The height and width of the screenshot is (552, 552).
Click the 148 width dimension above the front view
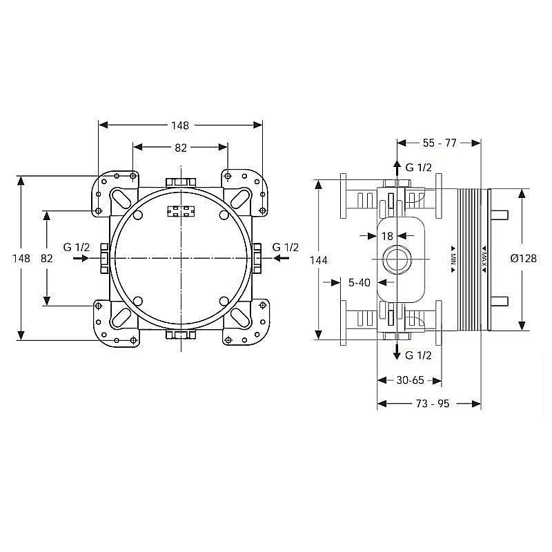tap(180, 125)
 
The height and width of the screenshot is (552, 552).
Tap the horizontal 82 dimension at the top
tap(180, 147)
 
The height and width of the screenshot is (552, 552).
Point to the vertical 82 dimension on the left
tap(47, 258)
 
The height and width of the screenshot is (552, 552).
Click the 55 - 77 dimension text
tap(440, 143)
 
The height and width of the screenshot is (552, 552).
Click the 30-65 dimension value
tap(410, 380)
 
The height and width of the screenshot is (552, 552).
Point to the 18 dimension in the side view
tap(387, 236)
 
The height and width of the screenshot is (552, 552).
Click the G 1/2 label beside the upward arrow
tap(418, 167)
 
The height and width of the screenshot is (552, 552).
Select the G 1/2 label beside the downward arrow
tap(418, 355)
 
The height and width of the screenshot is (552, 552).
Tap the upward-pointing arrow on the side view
tap(397, 168)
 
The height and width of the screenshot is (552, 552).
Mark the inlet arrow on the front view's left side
tap(80, 258)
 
